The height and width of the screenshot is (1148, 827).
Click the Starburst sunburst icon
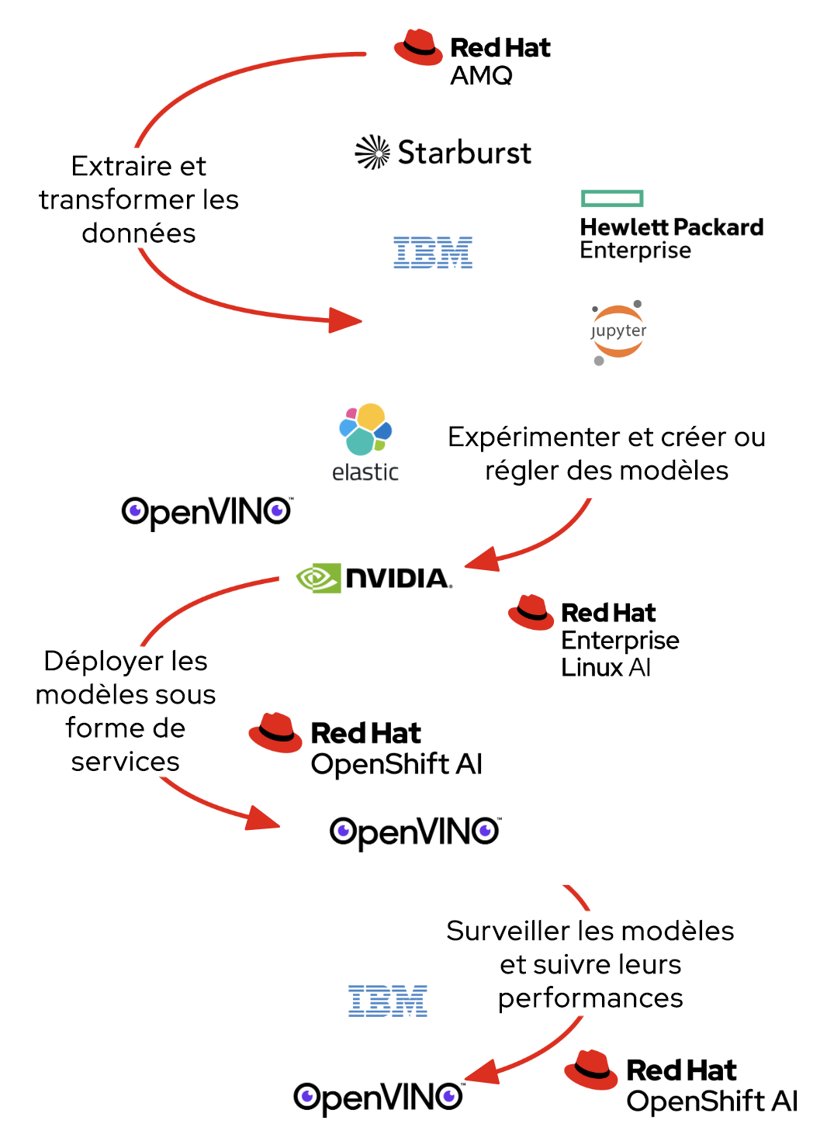pos(372,152)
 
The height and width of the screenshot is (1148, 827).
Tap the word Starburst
pos(464,153)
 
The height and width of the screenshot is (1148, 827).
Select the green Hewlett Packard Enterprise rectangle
pos(612,199)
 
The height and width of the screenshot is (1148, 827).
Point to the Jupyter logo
pos(618,332)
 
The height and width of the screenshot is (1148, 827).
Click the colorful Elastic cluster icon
pos(365,428)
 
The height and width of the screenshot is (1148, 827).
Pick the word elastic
pos(365,472)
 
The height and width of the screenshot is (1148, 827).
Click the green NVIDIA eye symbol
pos(319,578)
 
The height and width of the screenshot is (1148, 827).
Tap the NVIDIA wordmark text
pos(397,578)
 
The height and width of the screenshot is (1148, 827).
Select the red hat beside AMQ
pos(418,47)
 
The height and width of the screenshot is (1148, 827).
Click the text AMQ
pos(481,75)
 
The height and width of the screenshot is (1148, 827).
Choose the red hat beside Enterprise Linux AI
pos(531,612)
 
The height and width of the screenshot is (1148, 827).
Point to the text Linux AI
pos(606,667)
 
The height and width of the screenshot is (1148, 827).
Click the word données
pos(139,233)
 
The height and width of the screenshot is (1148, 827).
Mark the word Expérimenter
pos(535,437)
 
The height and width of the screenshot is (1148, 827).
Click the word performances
pos(590,998)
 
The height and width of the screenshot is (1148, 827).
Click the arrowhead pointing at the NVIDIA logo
pos(482,559)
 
